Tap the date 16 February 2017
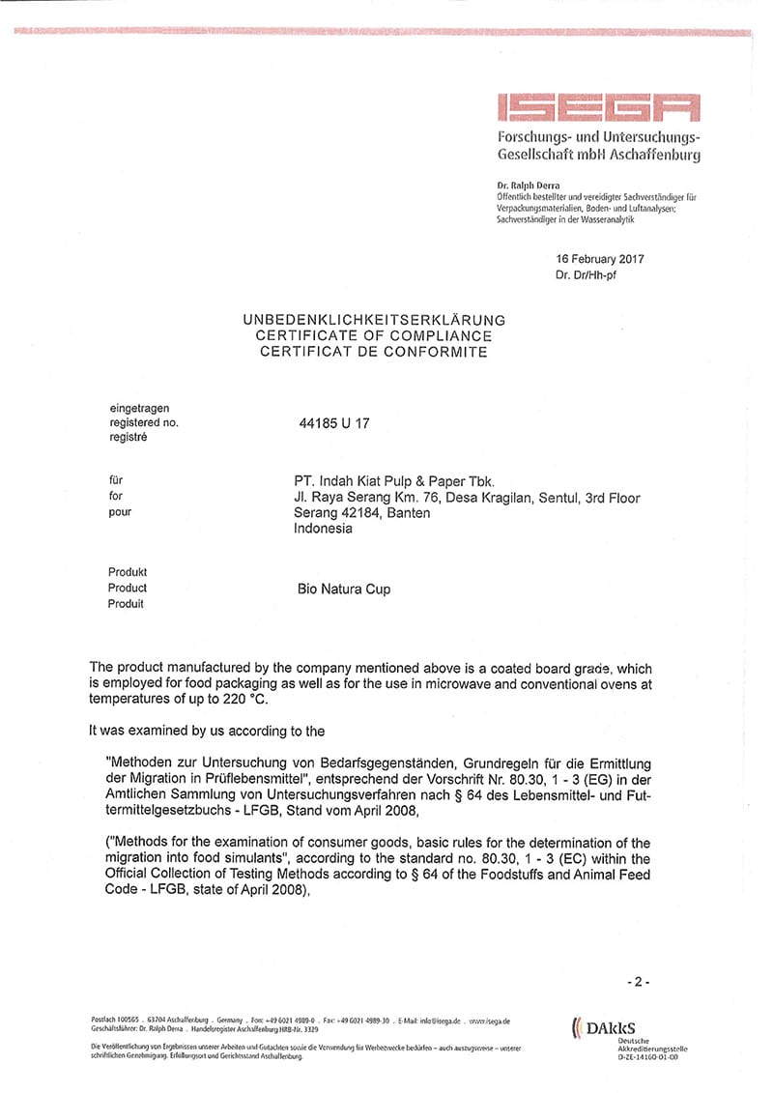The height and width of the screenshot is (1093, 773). pos(600,259)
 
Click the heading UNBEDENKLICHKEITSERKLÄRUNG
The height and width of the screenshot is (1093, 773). pos(373,319)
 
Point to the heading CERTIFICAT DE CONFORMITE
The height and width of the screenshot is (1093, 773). pos(374,352)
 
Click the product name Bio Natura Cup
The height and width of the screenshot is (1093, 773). pos(345,589)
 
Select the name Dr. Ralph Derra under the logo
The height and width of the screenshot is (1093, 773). pos(528,185)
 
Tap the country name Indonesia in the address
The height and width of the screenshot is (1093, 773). pos(324,529)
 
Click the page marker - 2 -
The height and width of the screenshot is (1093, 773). pos(638,981)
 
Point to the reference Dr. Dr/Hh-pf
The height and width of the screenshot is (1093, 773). pos(586,275)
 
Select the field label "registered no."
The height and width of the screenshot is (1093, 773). pos(144,422)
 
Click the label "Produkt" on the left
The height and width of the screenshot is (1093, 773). pos(128,572)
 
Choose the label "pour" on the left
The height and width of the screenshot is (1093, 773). pos(120,512)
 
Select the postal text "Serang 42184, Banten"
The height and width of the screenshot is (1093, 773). pos(362,513)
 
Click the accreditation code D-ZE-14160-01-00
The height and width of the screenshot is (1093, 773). pos(647,1057)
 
